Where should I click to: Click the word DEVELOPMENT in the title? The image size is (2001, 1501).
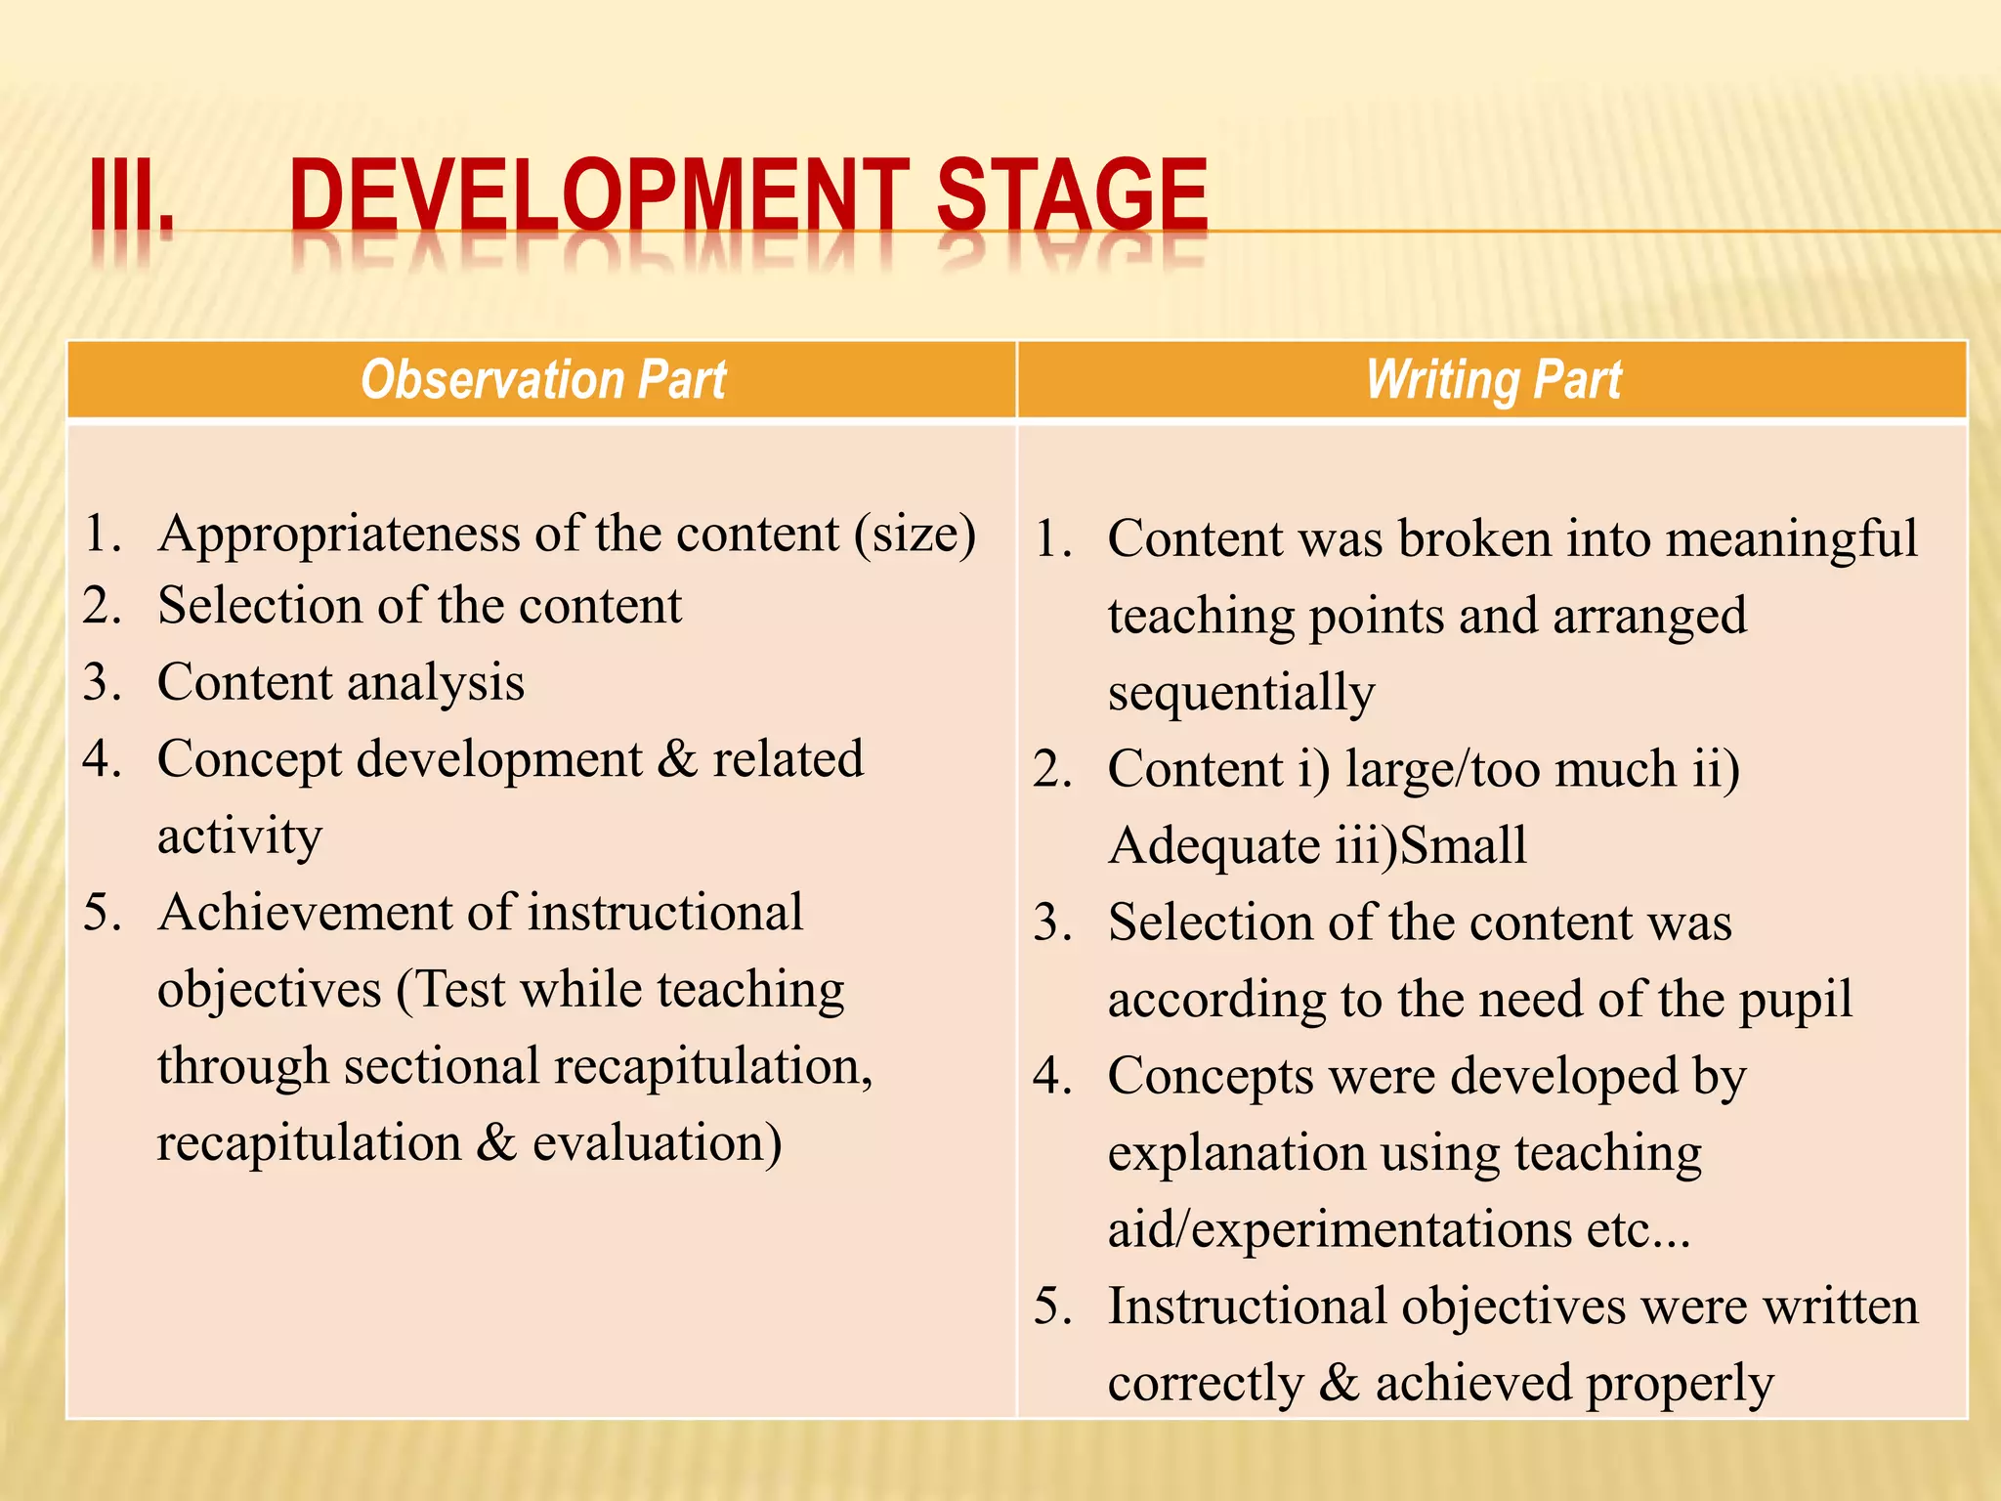(599, 195)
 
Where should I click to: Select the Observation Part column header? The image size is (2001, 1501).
(543, 380)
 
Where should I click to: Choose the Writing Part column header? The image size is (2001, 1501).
(1493, 380)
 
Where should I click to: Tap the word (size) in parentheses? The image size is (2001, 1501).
(915, 536)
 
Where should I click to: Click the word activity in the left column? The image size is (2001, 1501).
(239, 836)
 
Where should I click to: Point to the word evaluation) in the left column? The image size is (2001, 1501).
(657, 1142)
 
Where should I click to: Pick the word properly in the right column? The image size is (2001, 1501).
(1679, 1384)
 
